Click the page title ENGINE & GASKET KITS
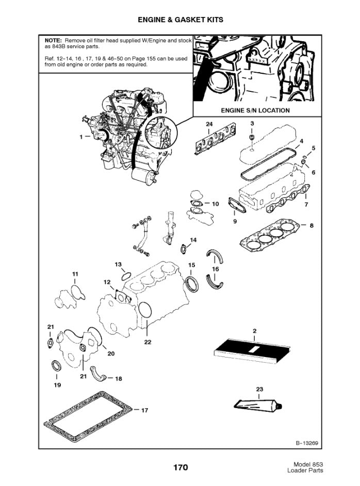(x=180, y=20)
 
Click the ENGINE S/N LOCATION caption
(x=255, y=110)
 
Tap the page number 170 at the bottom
(x=180, y=468)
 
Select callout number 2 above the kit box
(x=254, y=330)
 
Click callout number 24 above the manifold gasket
(x=209, y=124)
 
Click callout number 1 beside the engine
(x=81, y=137)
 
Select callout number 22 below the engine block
(x=148, y=342)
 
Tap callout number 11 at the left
(x=75, y=273)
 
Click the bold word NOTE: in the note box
(x=53, y=40)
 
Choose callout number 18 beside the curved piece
(x=118, y=379)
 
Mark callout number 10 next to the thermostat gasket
(x=215, y=204)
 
